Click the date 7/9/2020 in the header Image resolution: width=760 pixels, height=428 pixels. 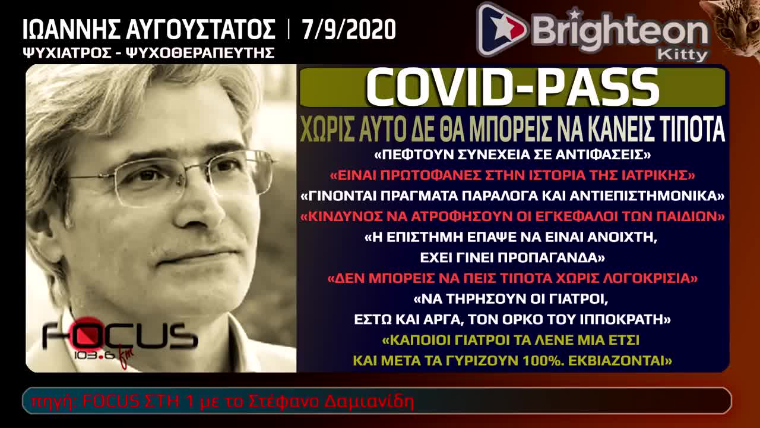point(348,29)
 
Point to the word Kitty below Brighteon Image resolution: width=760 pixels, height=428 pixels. point(682,55)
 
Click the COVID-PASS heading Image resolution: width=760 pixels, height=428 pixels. point(512,87)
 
